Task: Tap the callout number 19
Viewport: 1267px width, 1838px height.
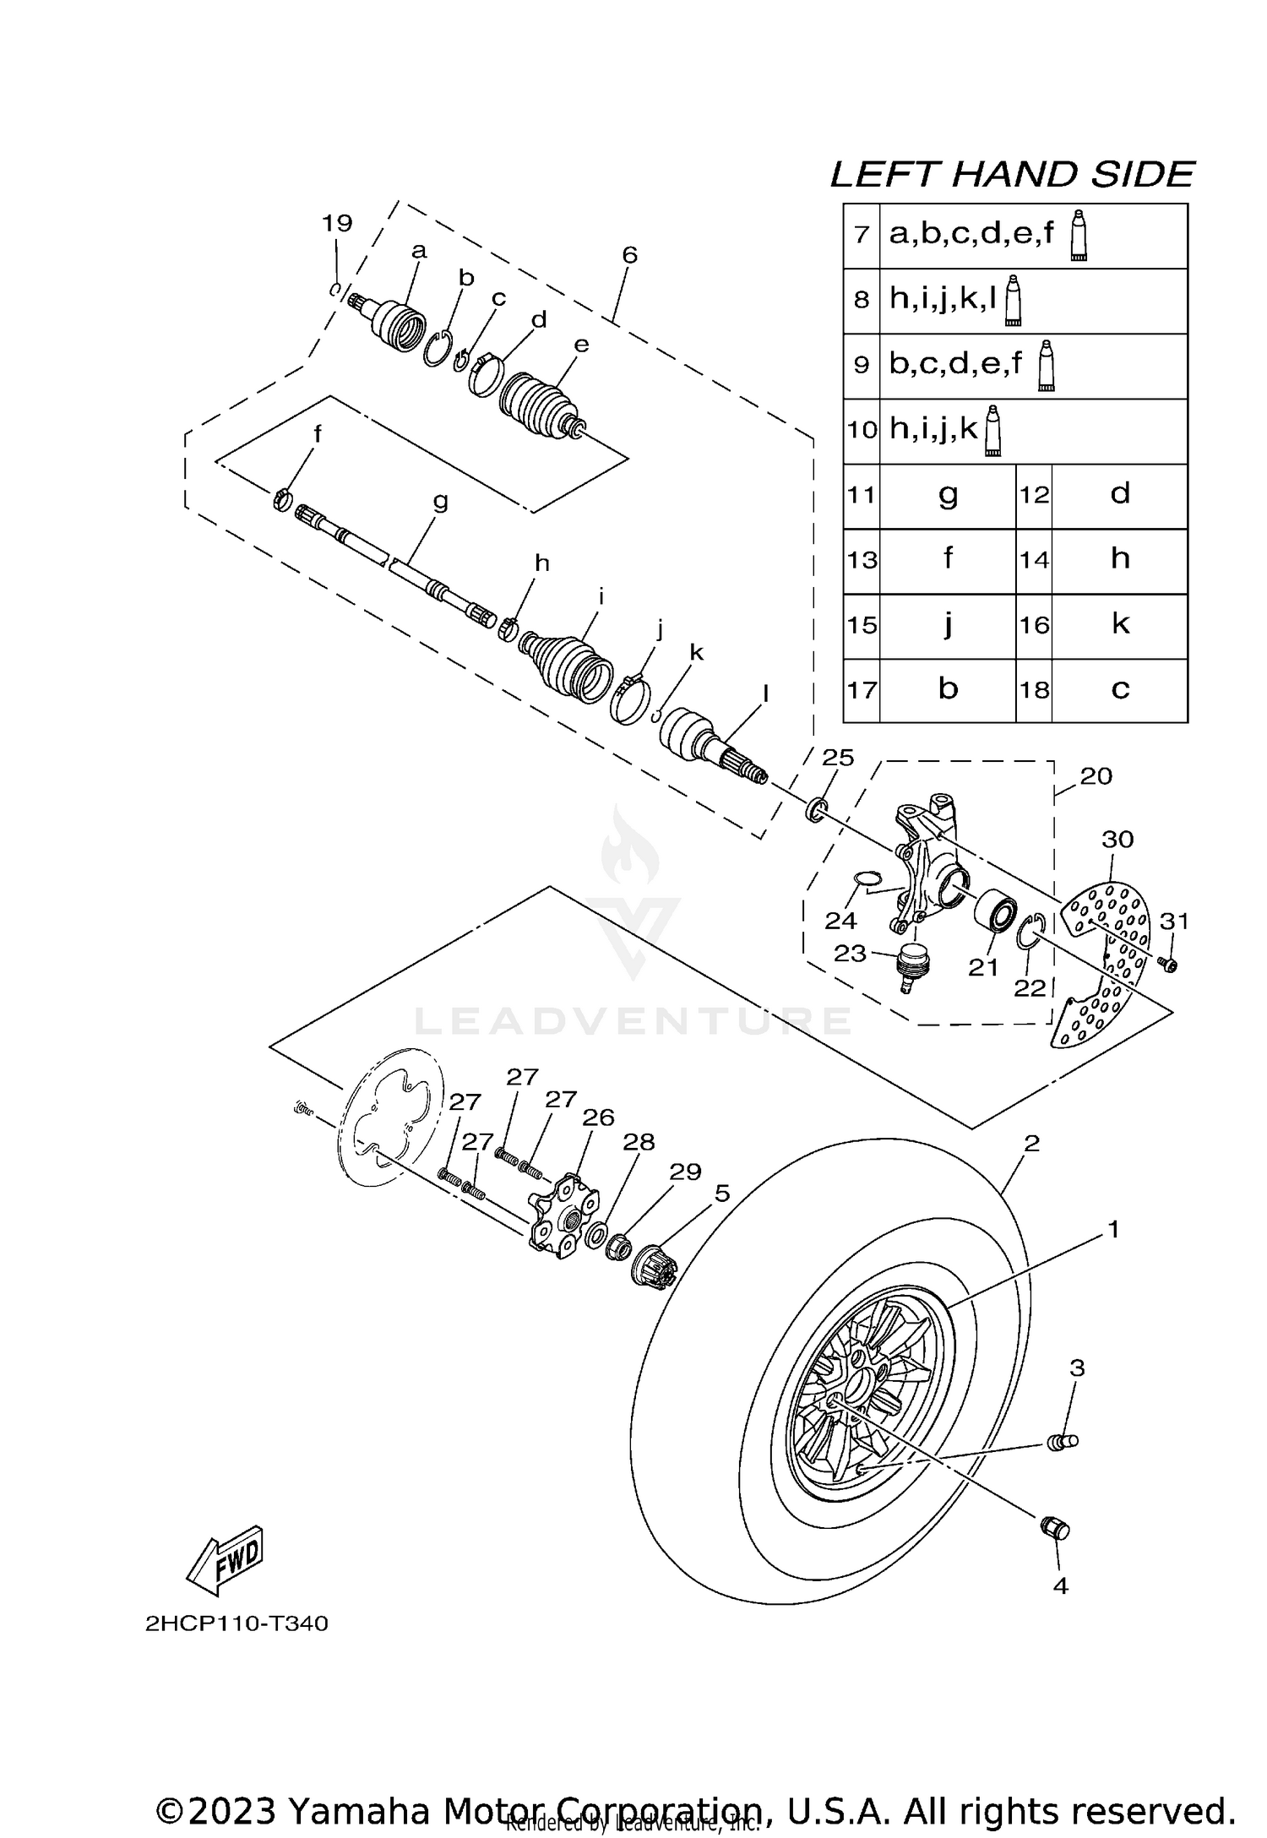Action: coord(336,224)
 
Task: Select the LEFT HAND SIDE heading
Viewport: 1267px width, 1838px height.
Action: coord(1012,175)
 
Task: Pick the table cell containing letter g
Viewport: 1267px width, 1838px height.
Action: coord(948,495)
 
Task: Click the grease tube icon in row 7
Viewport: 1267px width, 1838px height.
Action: coord(1079,237)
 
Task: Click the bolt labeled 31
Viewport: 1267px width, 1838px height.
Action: coord(1169,964)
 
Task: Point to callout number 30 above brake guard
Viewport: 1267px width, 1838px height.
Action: coord(1117,840)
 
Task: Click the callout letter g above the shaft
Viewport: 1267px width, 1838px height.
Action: coord(440,501)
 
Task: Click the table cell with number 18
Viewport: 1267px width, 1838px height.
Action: coord(1034,690)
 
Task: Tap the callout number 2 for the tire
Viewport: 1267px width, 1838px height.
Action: coord(1031,1144)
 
